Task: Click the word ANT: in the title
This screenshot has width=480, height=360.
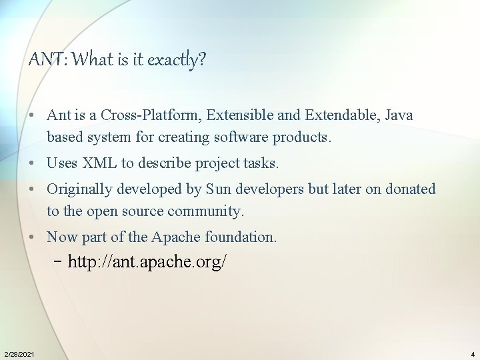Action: [47, 61]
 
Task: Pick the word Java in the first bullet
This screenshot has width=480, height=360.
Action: [399, 115]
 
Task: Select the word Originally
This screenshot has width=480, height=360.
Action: [80, 189]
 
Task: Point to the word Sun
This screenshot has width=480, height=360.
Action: [219, 189]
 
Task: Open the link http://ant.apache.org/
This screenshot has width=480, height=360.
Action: [147, 262]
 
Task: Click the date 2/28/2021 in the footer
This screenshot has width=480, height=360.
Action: [19, 353]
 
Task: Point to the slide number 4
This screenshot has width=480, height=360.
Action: [472, 353]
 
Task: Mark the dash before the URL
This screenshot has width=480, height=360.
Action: [58, 261]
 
